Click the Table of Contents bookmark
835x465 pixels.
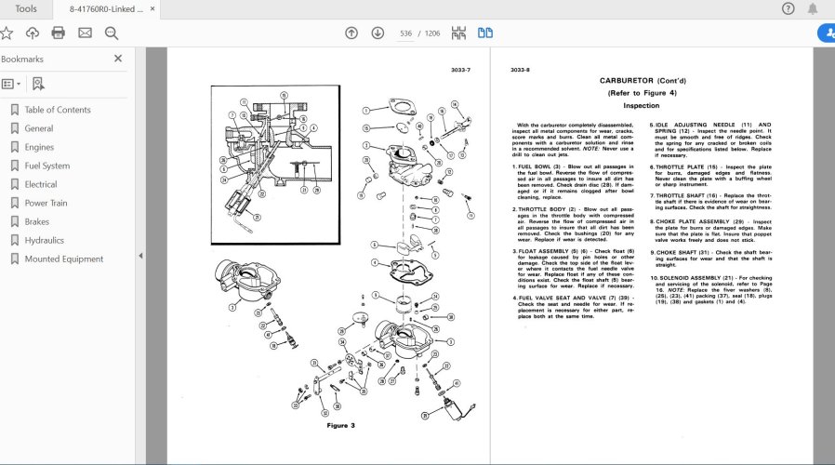tap(57, 110)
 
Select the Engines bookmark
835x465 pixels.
tap(39, 147)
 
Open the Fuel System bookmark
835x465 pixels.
tap(46, 166)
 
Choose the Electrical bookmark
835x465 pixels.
tap(41, 184)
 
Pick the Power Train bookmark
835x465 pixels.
tap(46, 203)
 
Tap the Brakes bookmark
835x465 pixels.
tap(37, 221)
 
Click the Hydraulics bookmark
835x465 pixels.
tap(44, 240)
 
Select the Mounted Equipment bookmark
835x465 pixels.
tap(63, 259)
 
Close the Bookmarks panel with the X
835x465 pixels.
tap(118, 59)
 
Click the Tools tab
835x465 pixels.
tap(27, 9)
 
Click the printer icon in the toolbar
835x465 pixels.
tap(59, 33)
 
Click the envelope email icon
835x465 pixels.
tap(85, 33)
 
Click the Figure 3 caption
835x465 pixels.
tap(340, 425)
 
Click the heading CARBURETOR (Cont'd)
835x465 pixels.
tap(641, 81)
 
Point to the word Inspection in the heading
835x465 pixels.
tap(641, 106)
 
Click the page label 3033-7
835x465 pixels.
tap(460, 70)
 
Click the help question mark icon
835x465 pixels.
tap(789, 9)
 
